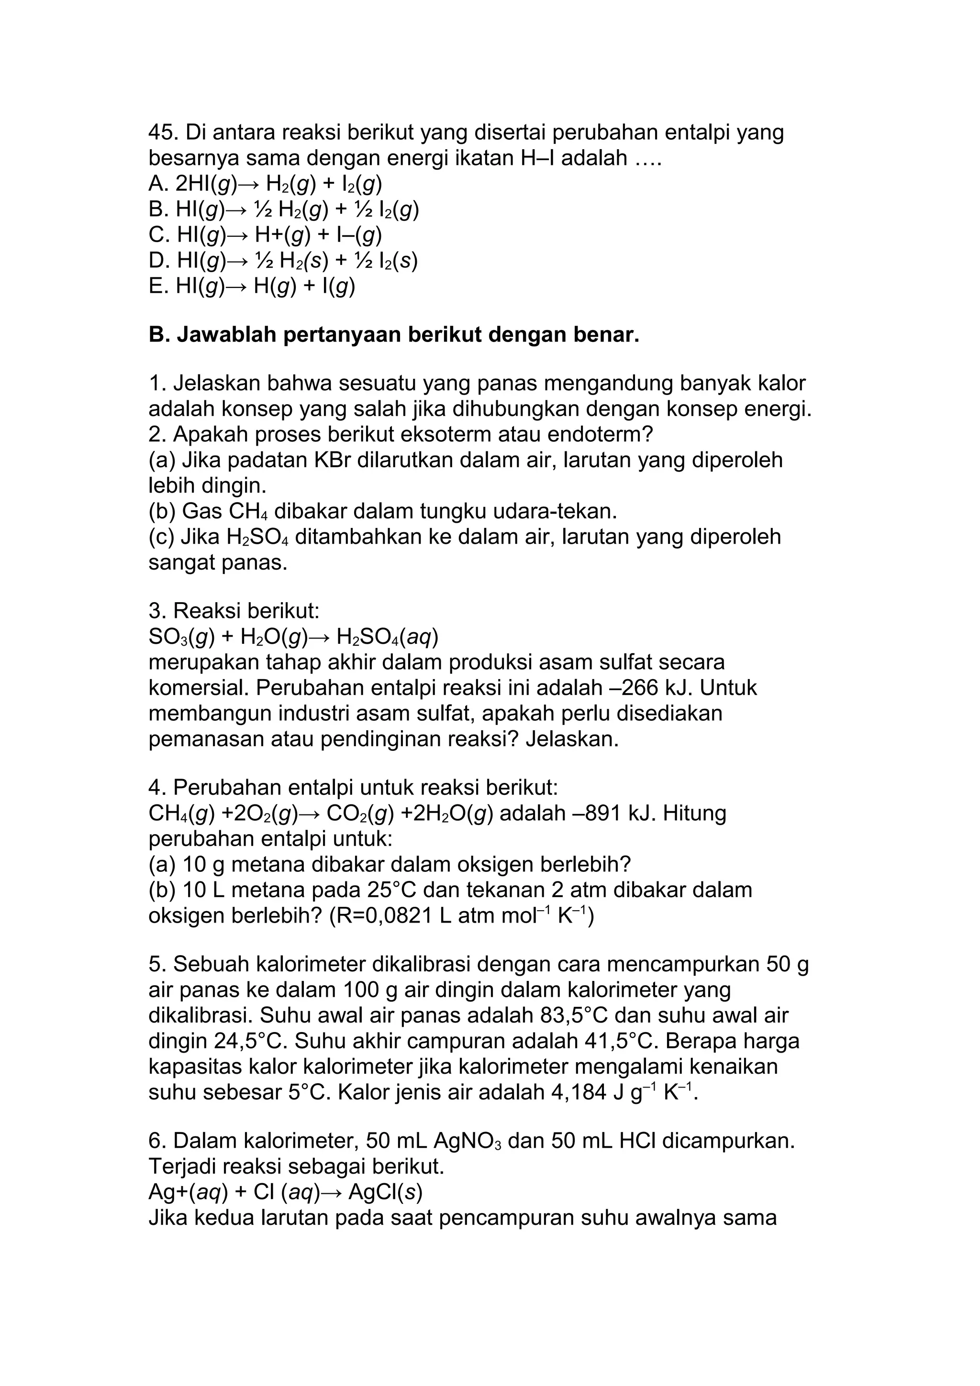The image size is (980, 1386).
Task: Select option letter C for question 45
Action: point(157,234)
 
